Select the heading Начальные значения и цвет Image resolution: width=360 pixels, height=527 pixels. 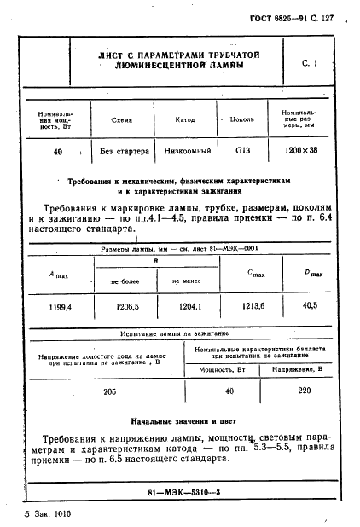click(183, 421)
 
